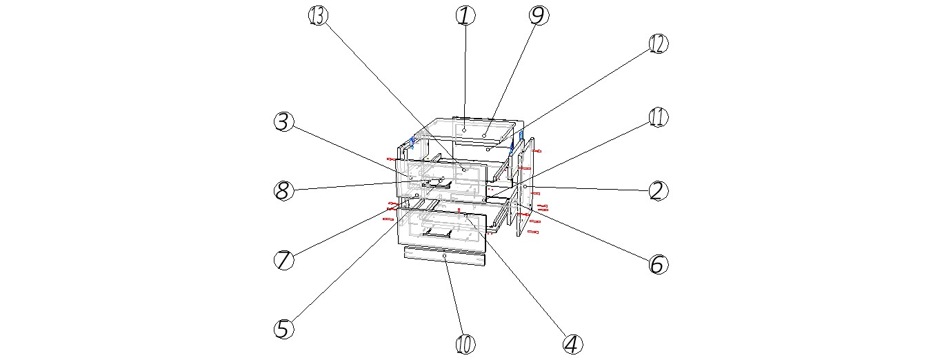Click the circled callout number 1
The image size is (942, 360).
click(465, 15)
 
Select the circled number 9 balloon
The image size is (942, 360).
click(539, 15)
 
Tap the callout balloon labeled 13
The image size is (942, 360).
click(318, 15)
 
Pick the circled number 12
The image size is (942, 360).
click(658, 43)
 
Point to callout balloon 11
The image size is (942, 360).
click(659, 117)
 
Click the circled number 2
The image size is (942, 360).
click(658, 190)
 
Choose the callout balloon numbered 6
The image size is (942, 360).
click(658, 263)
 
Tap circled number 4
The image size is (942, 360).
click(572, 343)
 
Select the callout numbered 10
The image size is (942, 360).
click(465, 343)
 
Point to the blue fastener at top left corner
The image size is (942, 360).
click(412, 143)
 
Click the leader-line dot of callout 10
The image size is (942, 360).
click(445, 256)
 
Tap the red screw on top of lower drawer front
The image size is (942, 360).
click(459, 210)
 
